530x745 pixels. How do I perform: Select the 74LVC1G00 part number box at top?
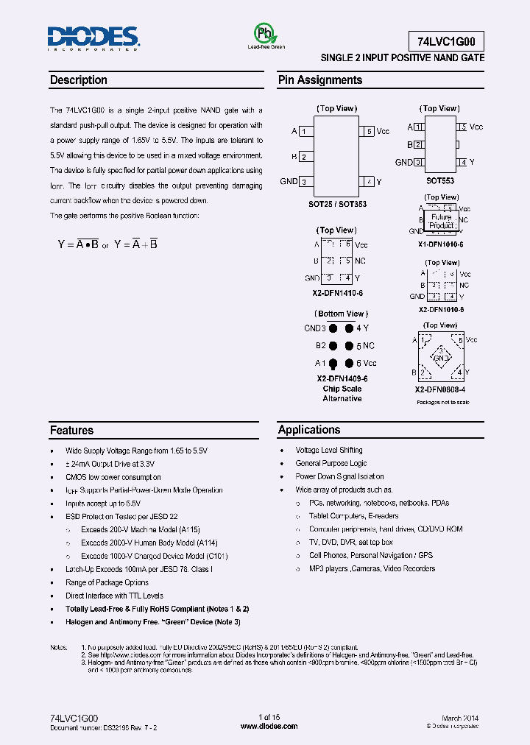[x=446, y=41]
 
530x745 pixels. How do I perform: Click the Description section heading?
[x=79, y=80]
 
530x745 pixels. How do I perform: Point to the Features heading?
[x=71, y=430]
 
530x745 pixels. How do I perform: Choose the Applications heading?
[x=309, y=430]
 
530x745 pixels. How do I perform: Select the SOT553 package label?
[x=439, y=180]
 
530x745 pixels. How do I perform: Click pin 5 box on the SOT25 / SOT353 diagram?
[x=368, y=132]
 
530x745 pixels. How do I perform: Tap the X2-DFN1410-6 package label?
[x=337, y=293]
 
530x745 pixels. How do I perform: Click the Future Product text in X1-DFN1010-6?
[x=442, y=222]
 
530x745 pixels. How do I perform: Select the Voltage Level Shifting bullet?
[x=329, y=450]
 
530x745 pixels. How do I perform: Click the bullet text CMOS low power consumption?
[x=113, y=477]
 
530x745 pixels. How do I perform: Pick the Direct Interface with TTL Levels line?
[x=114, y=596]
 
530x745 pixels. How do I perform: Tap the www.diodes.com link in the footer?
[x=269, y=726]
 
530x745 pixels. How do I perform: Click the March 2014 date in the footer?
[x=460, y=717]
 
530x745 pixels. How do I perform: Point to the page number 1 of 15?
[x=269, y=717]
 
